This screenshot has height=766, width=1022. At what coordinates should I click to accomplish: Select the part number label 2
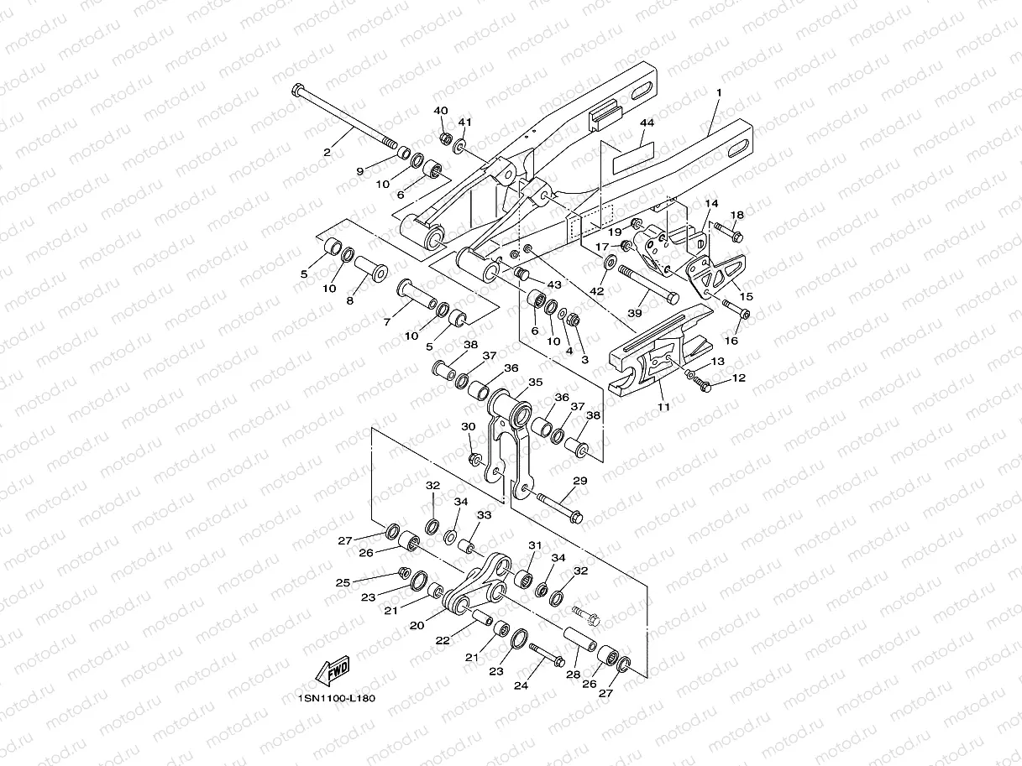click(x=328, y=152)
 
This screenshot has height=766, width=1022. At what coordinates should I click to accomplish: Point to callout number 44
click(x=646, y=122)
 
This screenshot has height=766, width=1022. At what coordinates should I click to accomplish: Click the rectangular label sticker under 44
click(x=632, y=155)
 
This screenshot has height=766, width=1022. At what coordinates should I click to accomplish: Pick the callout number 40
click(x=441, y=112)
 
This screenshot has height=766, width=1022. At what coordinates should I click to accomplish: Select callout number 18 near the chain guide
click(x=737, y=216)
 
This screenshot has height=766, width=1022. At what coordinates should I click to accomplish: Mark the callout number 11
click(x=663, y=407)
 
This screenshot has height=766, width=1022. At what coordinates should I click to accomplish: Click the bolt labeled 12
click(x=701, y=385)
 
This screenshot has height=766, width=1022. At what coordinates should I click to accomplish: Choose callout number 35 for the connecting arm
click(x=536, y=383)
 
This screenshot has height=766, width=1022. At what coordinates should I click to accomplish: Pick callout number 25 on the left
click(x=343, y=582)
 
